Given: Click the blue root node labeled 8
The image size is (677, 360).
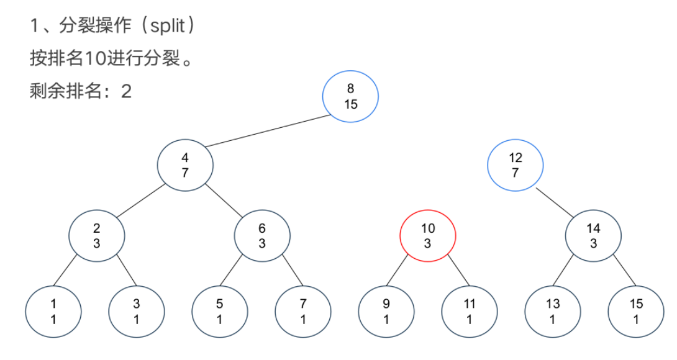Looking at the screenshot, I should click(350, 97).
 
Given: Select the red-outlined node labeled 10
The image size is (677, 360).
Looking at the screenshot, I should click(427, 236).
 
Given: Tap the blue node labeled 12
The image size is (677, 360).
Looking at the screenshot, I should click(515, 165).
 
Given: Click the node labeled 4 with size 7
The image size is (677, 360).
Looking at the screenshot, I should click(185, 165).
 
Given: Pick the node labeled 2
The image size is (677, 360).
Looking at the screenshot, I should click(96, 236).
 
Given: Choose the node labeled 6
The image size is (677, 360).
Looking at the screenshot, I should click(262, 236).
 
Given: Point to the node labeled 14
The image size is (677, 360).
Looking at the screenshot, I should click(593, 236).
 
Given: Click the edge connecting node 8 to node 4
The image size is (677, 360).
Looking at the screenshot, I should click(267, 131).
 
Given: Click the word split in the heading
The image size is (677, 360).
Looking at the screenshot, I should click(165, 26).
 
